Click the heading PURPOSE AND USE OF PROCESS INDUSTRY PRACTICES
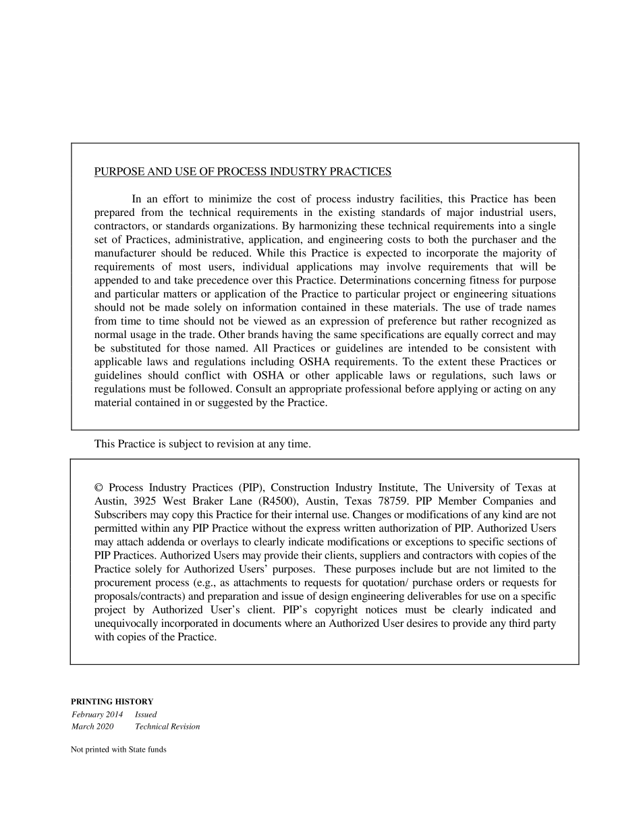242,171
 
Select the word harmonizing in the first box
320,226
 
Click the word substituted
138,348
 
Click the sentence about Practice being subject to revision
202,444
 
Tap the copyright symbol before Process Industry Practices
99,487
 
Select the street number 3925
146,501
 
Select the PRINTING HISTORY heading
112,701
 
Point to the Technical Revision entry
167,727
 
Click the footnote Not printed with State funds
118,749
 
